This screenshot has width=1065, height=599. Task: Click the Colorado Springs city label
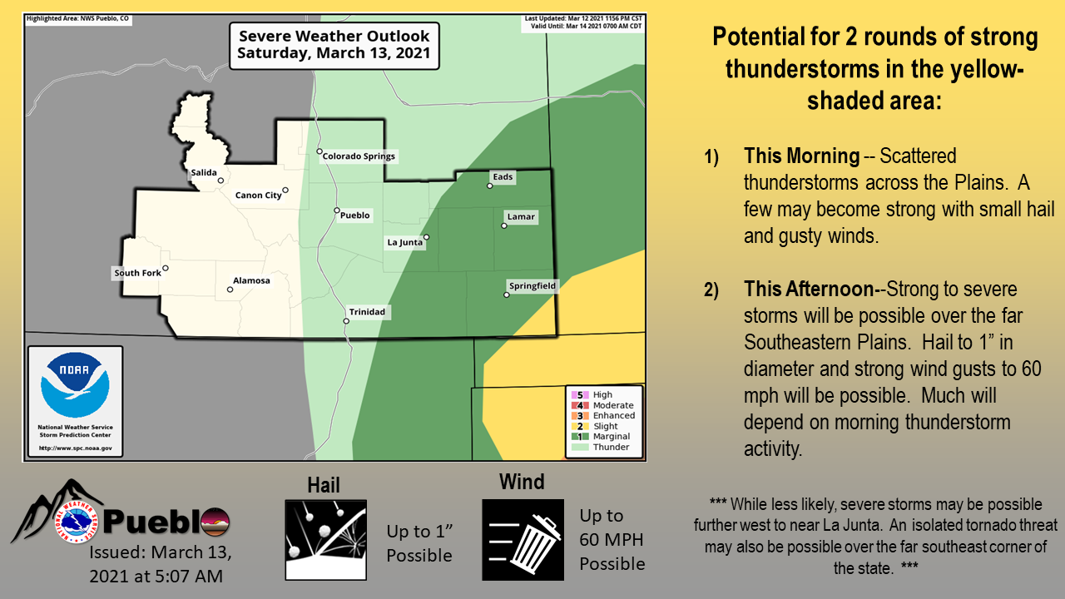(x=359, y=156)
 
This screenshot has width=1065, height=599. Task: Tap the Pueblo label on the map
(x=354, y=215)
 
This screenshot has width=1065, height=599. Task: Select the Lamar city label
(x=521, y=217)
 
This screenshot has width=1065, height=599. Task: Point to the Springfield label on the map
(x=532, y=285)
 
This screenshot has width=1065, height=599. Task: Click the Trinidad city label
(x=367, y=312)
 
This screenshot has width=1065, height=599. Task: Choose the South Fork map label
(x=138, y=273)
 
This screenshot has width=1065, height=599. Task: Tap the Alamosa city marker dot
(x=230, y=290)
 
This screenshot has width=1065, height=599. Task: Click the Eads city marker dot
(x=490, y=186)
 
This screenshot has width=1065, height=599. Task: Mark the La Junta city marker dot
(x=427, y=237)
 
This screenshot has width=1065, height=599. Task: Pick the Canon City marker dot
(x=285, y=191)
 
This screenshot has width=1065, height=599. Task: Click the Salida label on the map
(x=204, y=172)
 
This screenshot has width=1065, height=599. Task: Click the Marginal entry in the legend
(x=601, y=437)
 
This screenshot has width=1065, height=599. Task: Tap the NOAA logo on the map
(x=75, y=385)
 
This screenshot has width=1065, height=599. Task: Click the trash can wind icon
(x=523, y=540)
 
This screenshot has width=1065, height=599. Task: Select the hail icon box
(x=325, y=540)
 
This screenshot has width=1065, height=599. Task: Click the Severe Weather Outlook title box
(x=334, y=46)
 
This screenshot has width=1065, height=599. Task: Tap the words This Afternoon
(x=809, y=289)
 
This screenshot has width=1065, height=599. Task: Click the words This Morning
(x=801, y=156)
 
